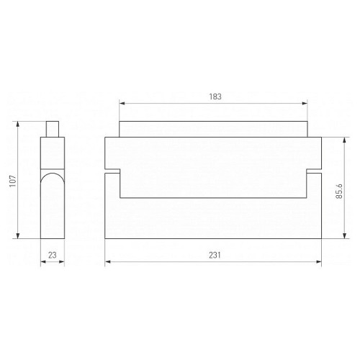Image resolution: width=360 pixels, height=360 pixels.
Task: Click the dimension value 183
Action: [215, 96]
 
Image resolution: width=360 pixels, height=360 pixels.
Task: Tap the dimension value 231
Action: [215, 255]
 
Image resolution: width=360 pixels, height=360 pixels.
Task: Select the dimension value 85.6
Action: [339, 192]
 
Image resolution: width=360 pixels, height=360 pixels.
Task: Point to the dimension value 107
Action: [13, 181]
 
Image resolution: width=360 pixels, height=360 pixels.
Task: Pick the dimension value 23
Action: [53, 255]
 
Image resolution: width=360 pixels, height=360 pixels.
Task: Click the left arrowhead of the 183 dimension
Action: [122, 104]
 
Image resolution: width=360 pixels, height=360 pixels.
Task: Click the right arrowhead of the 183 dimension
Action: [305, 104]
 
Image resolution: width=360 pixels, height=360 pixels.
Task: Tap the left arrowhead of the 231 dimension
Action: [108, 261]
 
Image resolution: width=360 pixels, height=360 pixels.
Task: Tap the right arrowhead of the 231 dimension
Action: [319, 261]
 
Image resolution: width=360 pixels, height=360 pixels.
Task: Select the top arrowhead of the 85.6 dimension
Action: [345, 140]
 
